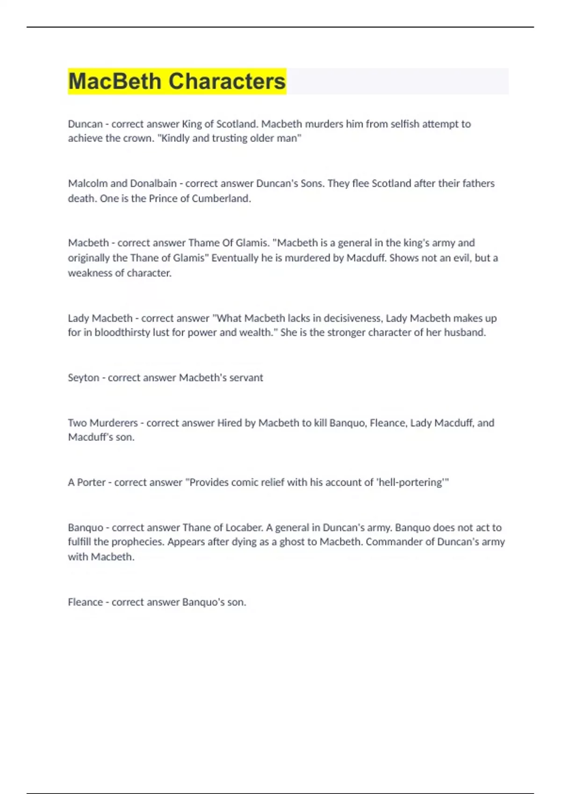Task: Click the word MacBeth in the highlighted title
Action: pos(115,81)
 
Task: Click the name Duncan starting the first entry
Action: pos(85,124)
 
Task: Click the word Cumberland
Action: pos(223,198)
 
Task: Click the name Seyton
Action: pos(83,377)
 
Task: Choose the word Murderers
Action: pos(114,423)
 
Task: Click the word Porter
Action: pos(91,482)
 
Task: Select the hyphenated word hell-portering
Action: pos(410,482)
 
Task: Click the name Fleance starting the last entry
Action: pos(85,602)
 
